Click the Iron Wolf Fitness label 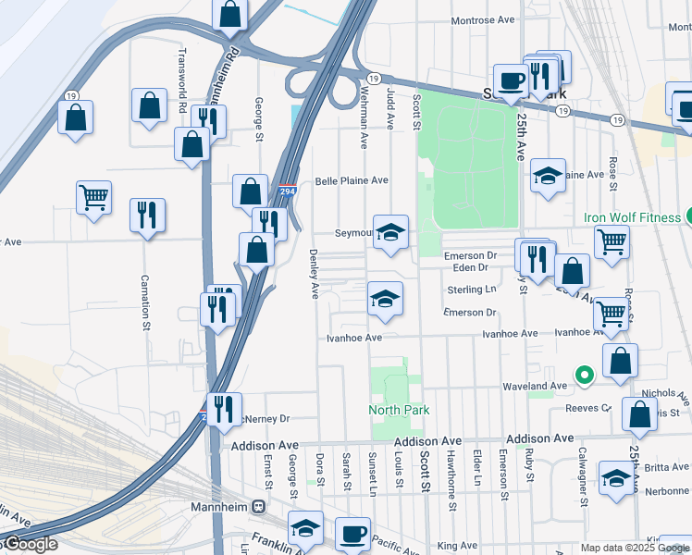pos(633,218)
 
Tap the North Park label pos(399,410)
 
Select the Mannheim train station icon pos(260,507)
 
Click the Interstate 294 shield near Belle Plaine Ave pos(286,191)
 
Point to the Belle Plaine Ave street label pos(351,181)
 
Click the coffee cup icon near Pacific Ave pos(351,533)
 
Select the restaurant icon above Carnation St pos(147,216)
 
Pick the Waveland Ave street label pos(534,386)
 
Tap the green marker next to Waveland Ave pos(583,375)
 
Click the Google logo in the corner pos(30,544)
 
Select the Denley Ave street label pos(314,273)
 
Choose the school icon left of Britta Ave pos(616,478)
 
